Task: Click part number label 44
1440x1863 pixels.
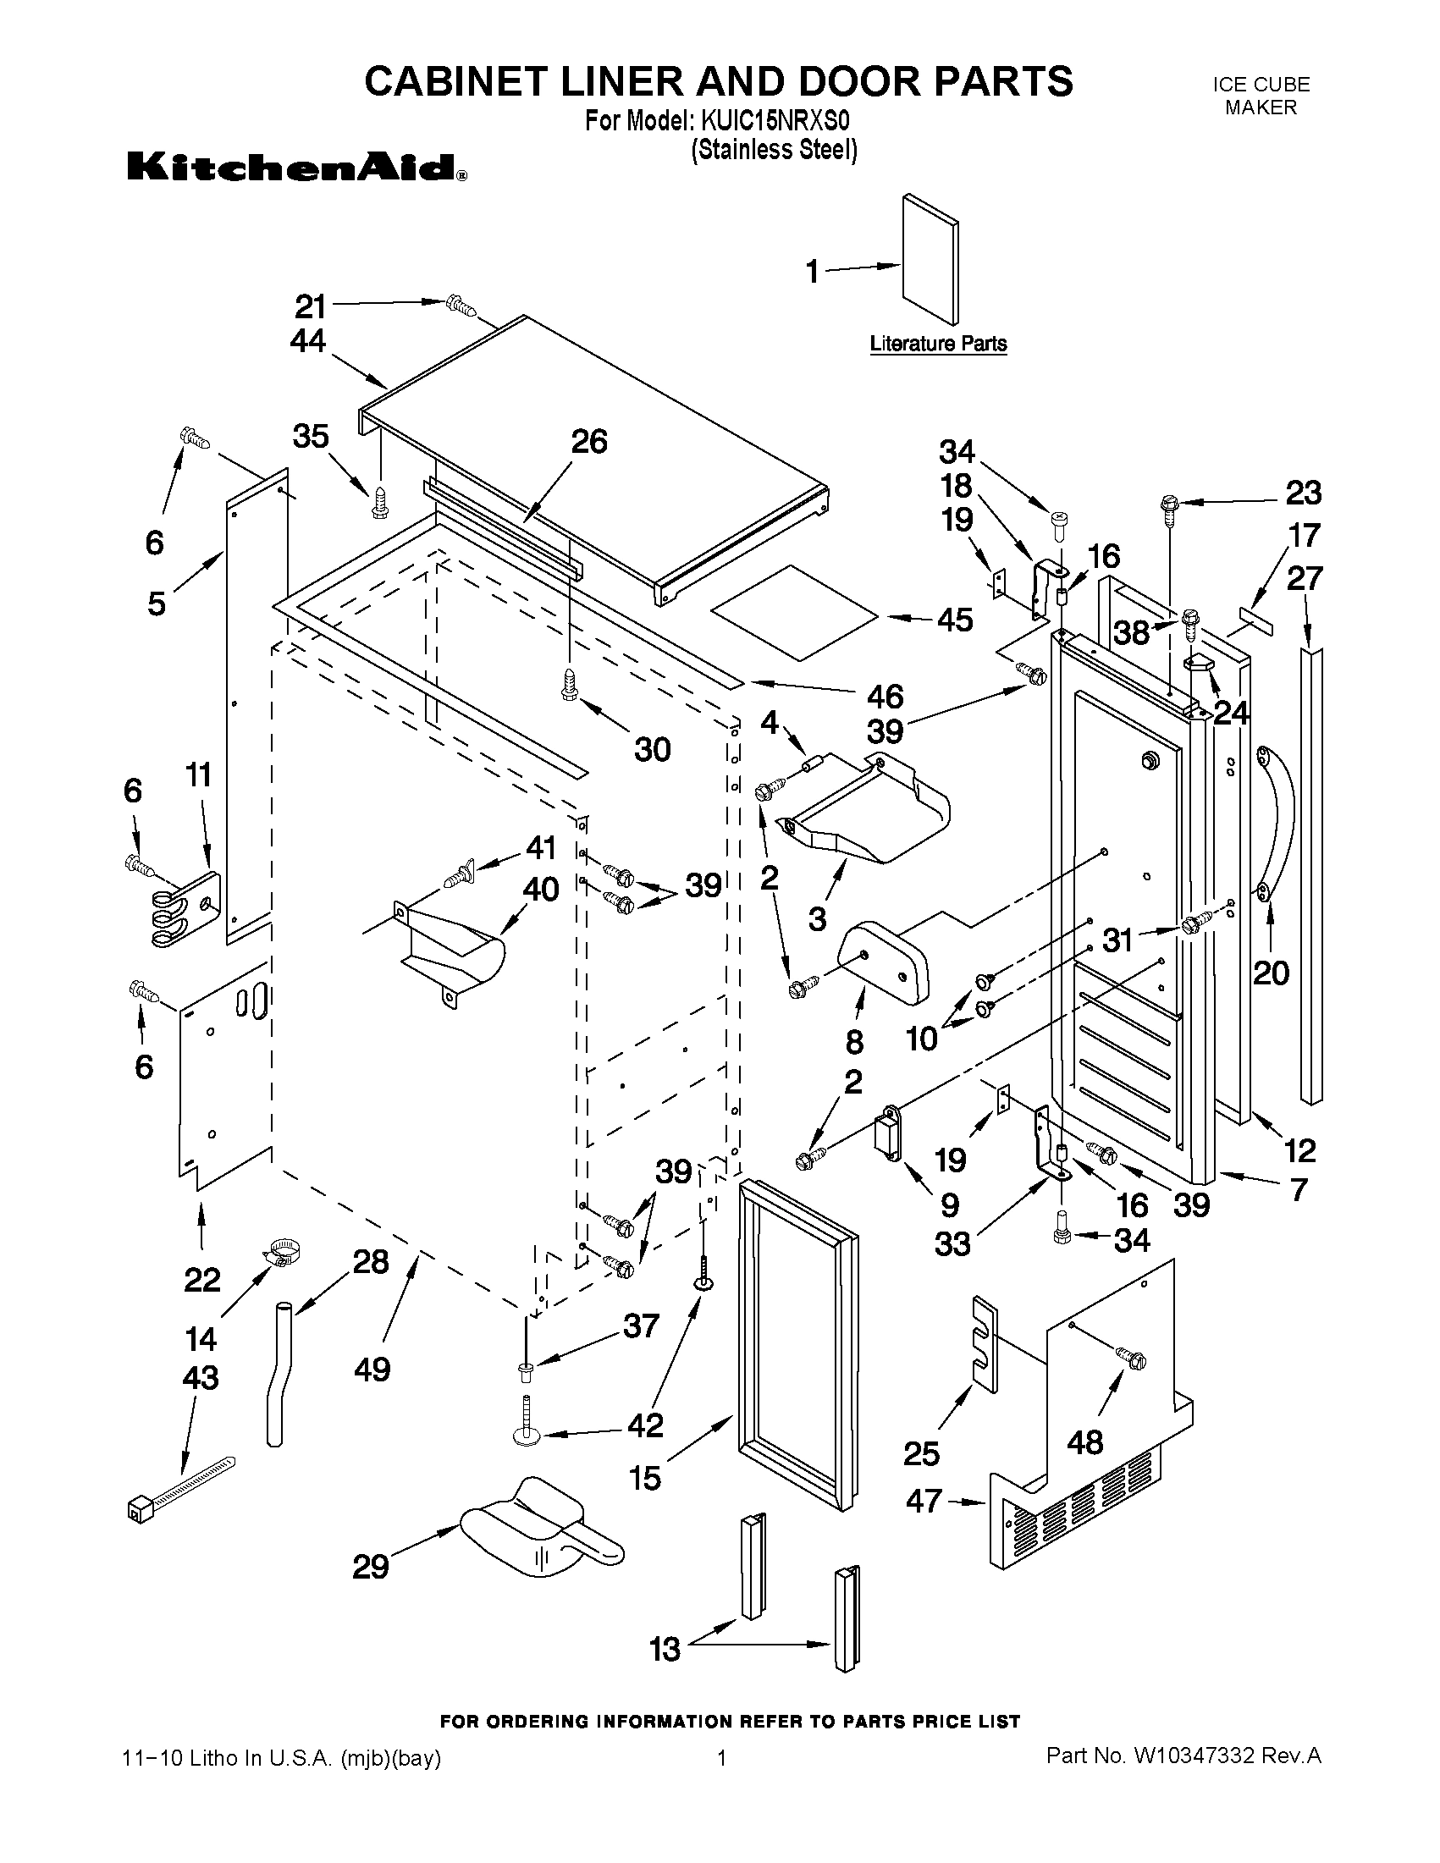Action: click(x=308, y=341)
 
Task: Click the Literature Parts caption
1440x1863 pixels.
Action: click(x=938, y=344)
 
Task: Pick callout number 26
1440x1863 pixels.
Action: click(x=588, y=442)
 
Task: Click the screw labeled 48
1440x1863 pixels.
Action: click(x=1131, y=1359)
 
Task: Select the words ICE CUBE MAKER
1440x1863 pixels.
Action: click(x=1261, y=96)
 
